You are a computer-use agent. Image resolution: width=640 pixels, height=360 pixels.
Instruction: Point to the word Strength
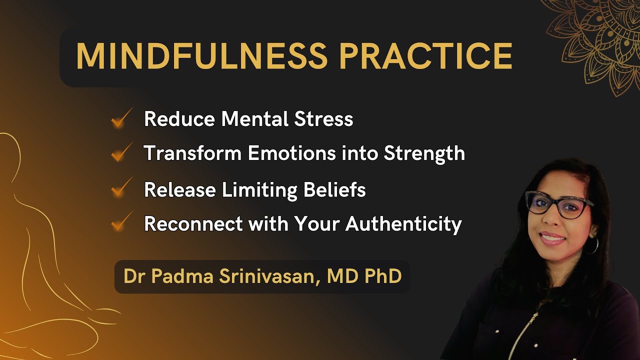tap(424, 153)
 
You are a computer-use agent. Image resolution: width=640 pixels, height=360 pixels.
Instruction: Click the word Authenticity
tap(403, 224)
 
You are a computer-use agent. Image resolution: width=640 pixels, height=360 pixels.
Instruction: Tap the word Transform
tap(192, 153)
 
